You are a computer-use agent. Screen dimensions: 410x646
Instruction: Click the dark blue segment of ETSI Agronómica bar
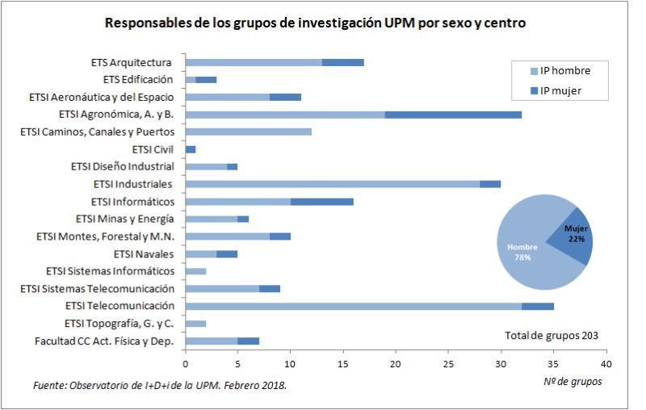[453, 114]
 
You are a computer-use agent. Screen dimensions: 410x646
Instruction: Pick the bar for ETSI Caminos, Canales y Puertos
[249, 132]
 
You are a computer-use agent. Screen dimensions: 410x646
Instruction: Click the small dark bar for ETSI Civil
[191, 149]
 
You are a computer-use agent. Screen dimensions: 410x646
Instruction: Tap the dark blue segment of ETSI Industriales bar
[490, 184]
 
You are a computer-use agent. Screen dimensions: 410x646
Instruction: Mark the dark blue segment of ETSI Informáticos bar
[321, 201]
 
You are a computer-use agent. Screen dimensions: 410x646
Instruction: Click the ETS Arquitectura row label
[132, 62]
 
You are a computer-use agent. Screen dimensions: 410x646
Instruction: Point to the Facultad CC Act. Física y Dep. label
[104, 341]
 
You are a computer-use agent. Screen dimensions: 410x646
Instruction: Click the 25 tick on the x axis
[448, 353]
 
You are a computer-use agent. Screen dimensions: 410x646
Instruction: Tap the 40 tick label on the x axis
[606, 353]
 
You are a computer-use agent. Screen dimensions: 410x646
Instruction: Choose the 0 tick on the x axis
[186, 353]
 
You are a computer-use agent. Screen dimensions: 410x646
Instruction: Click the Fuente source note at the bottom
[160, 385]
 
